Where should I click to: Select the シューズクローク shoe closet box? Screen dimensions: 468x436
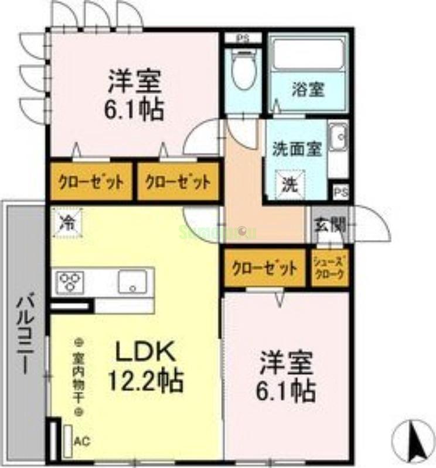click(x=329, y=268)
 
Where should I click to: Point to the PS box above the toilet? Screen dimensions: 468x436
click(x=241, y=38)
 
